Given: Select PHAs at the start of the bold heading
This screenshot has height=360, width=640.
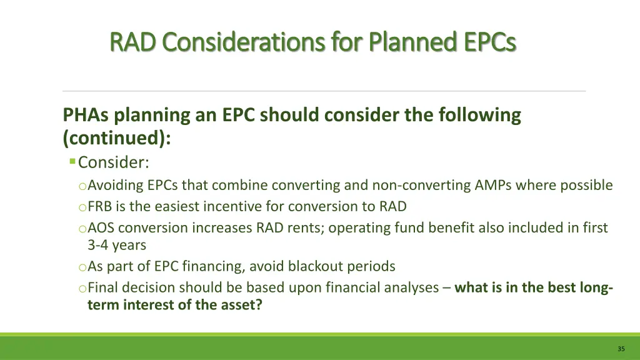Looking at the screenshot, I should [x=84, y=116].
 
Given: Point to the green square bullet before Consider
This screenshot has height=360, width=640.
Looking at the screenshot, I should [x=72, y=162].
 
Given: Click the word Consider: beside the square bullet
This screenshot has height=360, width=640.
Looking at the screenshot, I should [x=114, y=162].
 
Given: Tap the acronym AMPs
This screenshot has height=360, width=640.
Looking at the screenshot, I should [x=507, y=185].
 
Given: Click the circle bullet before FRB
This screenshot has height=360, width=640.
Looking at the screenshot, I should [x=82, y=207].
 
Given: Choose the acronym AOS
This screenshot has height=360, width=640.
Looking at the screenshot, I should [x=101, y=228].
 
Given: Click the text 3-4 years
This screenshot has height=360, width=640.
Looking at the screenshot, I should [x=116, y=245].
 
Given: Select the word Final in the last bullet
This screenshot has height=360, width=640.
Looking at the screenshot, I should [x=102, y=287].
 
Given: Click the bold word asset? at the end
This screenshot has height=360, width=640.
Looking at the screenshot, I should [x=240, y=305].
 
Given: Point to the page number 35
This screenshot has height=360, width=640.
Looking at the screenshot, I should [x=621, y=349].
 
